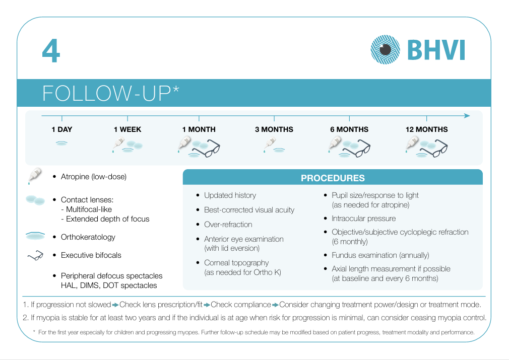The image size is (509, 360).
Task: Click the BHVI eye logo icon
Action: tap(386, 50)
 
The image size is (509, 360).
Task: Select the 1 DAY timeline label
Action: tap(61, 129)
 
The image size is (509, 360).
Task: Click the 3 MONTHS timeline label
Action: tap(274, 129)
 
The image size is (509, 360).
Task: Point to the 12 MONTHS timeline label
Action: tap(426, 129)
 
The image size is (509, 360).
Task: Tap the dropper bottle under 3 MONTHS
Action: tap(269, 145)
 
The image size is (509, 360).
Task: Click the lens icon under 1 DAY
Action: tap(61, 143)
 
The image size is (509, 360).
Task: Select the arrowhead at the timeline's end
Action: tap(467, 116)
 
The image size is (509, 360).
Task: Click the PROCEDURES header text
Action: tap(333, 178)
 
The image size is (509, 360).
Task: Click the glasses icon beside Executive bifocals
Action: tap(35, 256)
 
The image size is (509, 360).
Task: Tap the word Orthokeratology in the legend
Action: tap(88, 237)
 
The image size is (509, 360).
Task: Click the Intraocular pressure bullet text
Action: tap(363, 219)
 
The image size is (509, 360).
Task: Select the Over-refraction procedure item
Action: tap(228, 225)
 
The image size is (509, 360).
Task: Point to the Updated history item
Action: tap(230, 195)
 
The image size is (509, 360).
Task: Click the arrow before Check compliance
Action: tap(207, 305)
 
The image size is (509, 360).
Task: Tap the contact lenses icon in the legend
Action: tap(35, 200)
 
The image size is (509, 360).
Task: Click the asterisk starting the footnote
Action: tap(34, 331)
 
